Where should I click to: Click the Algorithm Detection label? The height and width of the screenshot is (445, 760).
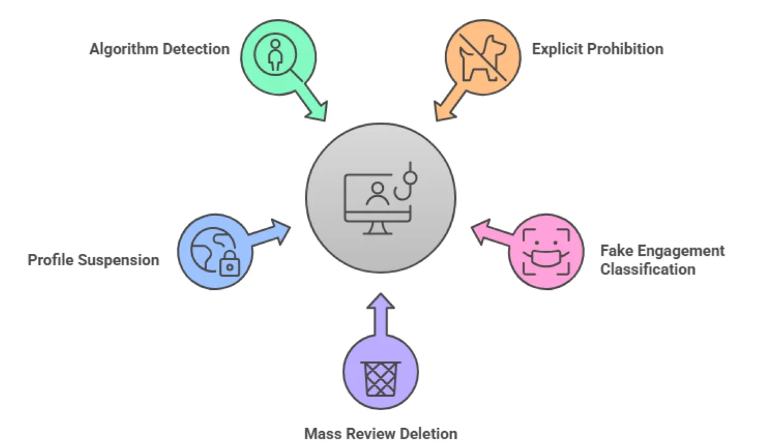160,49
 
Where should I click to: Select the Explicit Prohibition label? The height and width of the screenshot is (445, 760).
597,49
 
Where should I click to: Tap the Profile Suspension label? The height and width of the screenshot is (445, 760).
93,260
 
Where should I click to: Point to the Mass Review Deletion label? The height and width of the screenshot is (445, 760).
381,434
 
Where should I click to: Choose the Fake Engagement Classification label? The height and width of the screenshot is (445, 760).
662,260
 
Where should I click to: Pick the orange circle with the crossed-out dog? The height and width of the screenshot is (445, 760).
483,56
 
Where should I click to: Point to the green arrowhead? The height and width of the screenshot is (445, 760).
316,110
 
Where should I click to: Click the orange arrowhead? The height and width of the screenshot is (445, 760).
444,111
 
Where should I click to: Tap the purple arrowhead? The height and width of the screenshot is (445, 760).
381,302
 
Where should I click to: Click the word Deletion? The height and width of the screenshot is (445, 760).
429,434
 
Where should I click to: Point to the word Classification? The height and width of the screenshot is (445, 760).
648,269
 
